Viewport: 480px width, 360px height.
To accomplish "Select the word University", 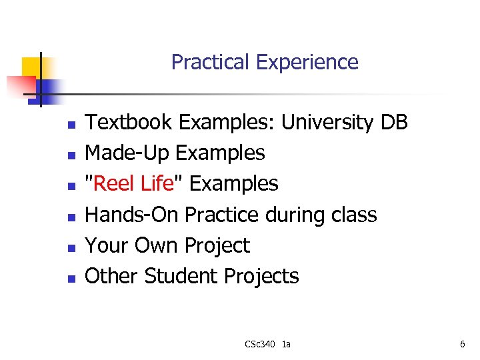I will (327, 123).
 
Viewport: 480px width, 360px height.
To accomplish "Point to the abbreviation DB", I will (393, 123).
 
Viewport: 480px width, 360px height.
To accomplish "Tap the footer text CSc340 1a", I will (267, 344).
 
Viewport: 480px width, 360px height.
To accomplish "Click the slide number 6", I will (462, 344).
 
